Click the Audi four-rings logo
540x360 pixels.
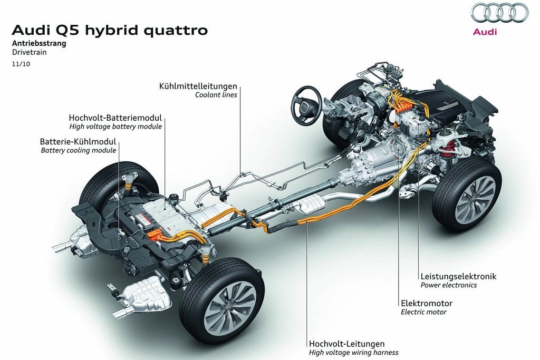[499, 13]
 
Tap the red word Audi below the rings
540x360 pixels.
[485, 32]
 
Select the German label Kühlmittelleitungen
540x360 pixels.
[198, 86]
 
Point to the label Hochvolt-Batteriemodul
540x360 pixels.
[115, 118]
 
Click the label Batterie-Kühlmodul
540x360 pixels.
[78, 142]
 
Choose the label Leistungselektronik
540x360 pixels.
[458, 276]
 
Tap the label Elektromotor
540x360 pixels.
[427, 303]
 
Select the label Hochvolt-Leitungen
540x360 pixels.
[346, 344]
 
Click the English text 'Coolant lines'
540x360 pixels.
[216, 95]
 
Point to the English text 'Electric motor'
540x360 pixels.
[423, 312]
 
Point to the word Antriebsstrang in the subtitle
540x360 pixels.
[39, 44]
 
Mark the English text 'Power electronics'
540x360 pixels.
[448, 285]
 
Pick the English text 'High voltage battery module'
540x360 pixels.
[115, 127]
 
